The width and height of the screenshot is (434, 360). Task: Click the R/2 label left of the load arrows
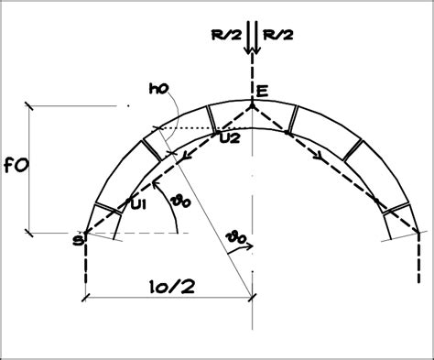pos(226,35)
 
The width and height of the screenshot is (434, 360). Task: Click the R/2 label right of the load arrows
pos(278,35)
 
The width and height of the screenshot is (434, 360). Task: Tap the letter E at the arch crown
pos(262,92)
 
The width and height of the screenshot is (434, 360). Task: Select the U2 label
pos(230,138)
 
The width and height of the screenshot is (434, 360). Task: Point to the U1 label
pos(138,205)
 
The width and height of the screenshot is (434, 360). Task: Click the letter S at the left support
pos(78,241)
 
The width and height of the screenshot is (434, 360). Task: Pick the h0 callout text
pos(158,89)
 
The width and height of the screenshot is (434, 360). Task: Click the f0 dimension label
pos(16,166)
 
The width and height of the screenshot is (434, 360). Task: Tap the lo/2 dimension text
pos(172,288)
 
